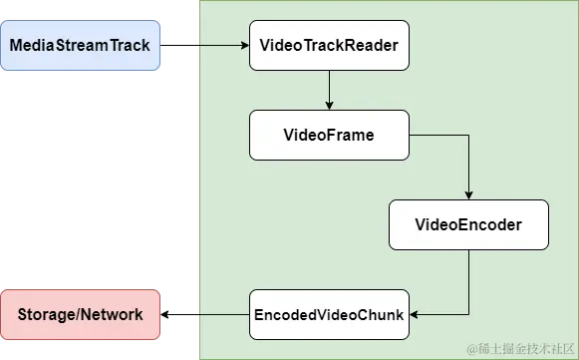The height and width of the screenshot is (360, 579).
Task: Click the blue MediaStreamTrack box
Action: point(80,45)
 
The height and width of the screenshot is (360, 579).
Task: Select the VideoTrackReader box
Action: point(329,45)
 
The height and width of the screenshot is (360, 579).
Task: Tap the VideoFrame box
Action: point(329,135)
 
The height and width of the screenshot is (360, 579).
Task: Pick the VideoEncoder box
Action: point(468,224)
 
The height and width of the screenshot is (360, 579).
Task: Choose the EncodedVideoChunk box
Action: point(328,314)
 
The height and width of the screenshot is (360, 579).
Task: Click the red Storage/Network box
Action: point(80,314)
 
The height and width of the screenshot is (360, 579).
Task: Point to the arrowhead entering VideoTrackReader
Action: point(243,45)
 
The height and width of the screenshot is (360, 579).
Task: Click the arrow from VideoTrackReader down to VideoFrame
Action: point(329,90)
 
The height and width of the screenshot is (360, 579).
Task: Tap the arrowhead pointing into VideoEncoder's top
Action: point(468,194)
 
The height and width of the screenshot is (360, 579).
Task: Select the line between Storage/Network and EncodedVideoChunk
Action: point(204,314)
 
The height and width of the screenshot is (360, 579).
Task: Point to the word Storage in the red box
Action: point(49,315)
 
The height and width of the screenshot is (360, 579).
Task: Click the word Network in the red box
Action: point(113,315)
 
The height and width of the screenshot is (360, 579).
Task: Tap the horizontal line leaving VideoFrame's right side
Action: point(438,135)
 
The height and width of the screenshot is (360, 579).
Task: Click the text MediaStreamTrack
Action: point(80,45)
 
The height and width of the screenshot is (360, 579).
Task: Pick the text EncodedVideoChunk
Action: point(328,315)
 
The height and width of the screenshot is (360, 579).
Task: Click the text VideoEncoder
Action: point(468,225)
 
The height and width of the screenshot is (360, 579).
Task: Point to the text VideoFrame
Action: point(329,135)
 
